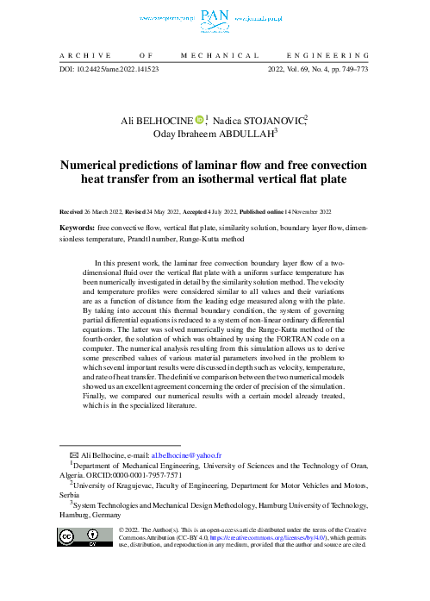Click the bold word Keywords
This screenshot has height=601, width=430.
[77, 229]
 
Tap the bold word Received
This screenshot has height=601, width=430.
[72, 210]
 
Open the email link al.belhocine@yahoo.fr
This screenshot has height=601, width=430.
[187, 454]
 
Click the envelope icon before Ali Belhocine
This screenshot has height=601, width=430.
[60, 454]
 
